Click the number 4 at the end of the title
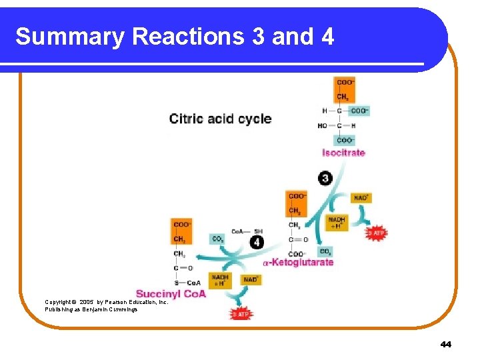[x=327, y=37]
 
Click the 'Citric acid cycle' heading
[x=220, y=119]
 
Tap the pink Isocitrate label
[x=343, y=153]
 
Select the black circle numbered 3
[x=325, y=178]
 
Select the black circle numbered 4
[x=257, y=242]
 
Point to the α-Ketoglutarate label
[x=298, y=263]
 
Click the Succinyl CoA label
[x=171, y=293]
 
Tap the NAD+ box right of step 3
[x=361, y=198]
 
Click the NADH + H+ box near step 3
[x=337, y=223]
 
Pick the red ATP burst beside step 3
[x=376, y=233]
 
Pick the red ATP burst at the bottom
[x=241, y=313]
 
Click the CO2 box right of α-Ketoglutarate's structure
[x=325, y=252]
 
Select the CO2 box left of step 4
[x=218, y=239]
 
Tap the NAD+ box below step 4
[x=251, y=279]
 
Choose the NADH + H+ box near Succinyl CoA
[x=219, y=279]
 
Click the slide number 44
[x=446, y=344]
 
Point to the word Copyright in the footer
[x=59, y=302]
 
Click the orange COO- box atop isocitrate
[x=345, y=82]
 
